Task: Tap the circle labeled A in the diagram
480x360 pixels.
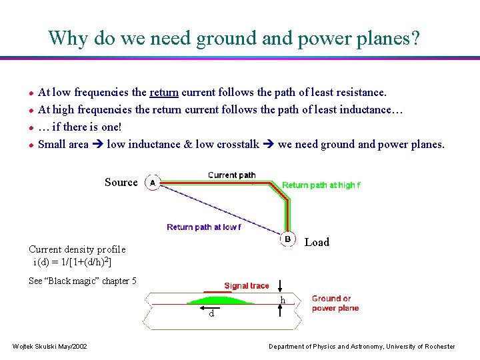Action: click(x=152, y=182)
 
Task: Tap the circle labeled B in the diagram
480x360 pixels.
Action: click(x=287, y=239)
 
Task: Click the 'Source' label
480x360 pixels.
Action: click(x=121, y=182)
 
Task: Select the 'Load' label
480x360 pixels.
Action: click(x=317, y=242)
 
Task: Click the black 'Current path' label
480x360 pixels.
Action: click(x=231, y=175)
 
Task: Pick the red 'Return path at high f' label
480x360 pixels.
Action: click(x=321, y=185)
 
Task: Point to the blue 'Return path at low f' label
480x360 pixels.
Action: click(x=203, y=227)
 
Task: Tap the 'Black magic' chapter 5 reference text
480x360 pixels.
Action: click(x=83, y=281)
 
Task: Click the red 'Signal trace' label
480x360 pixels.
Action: click(x=246, y=286)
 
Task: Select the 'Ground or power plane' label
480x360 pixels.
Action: click(x=335, y=303)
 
